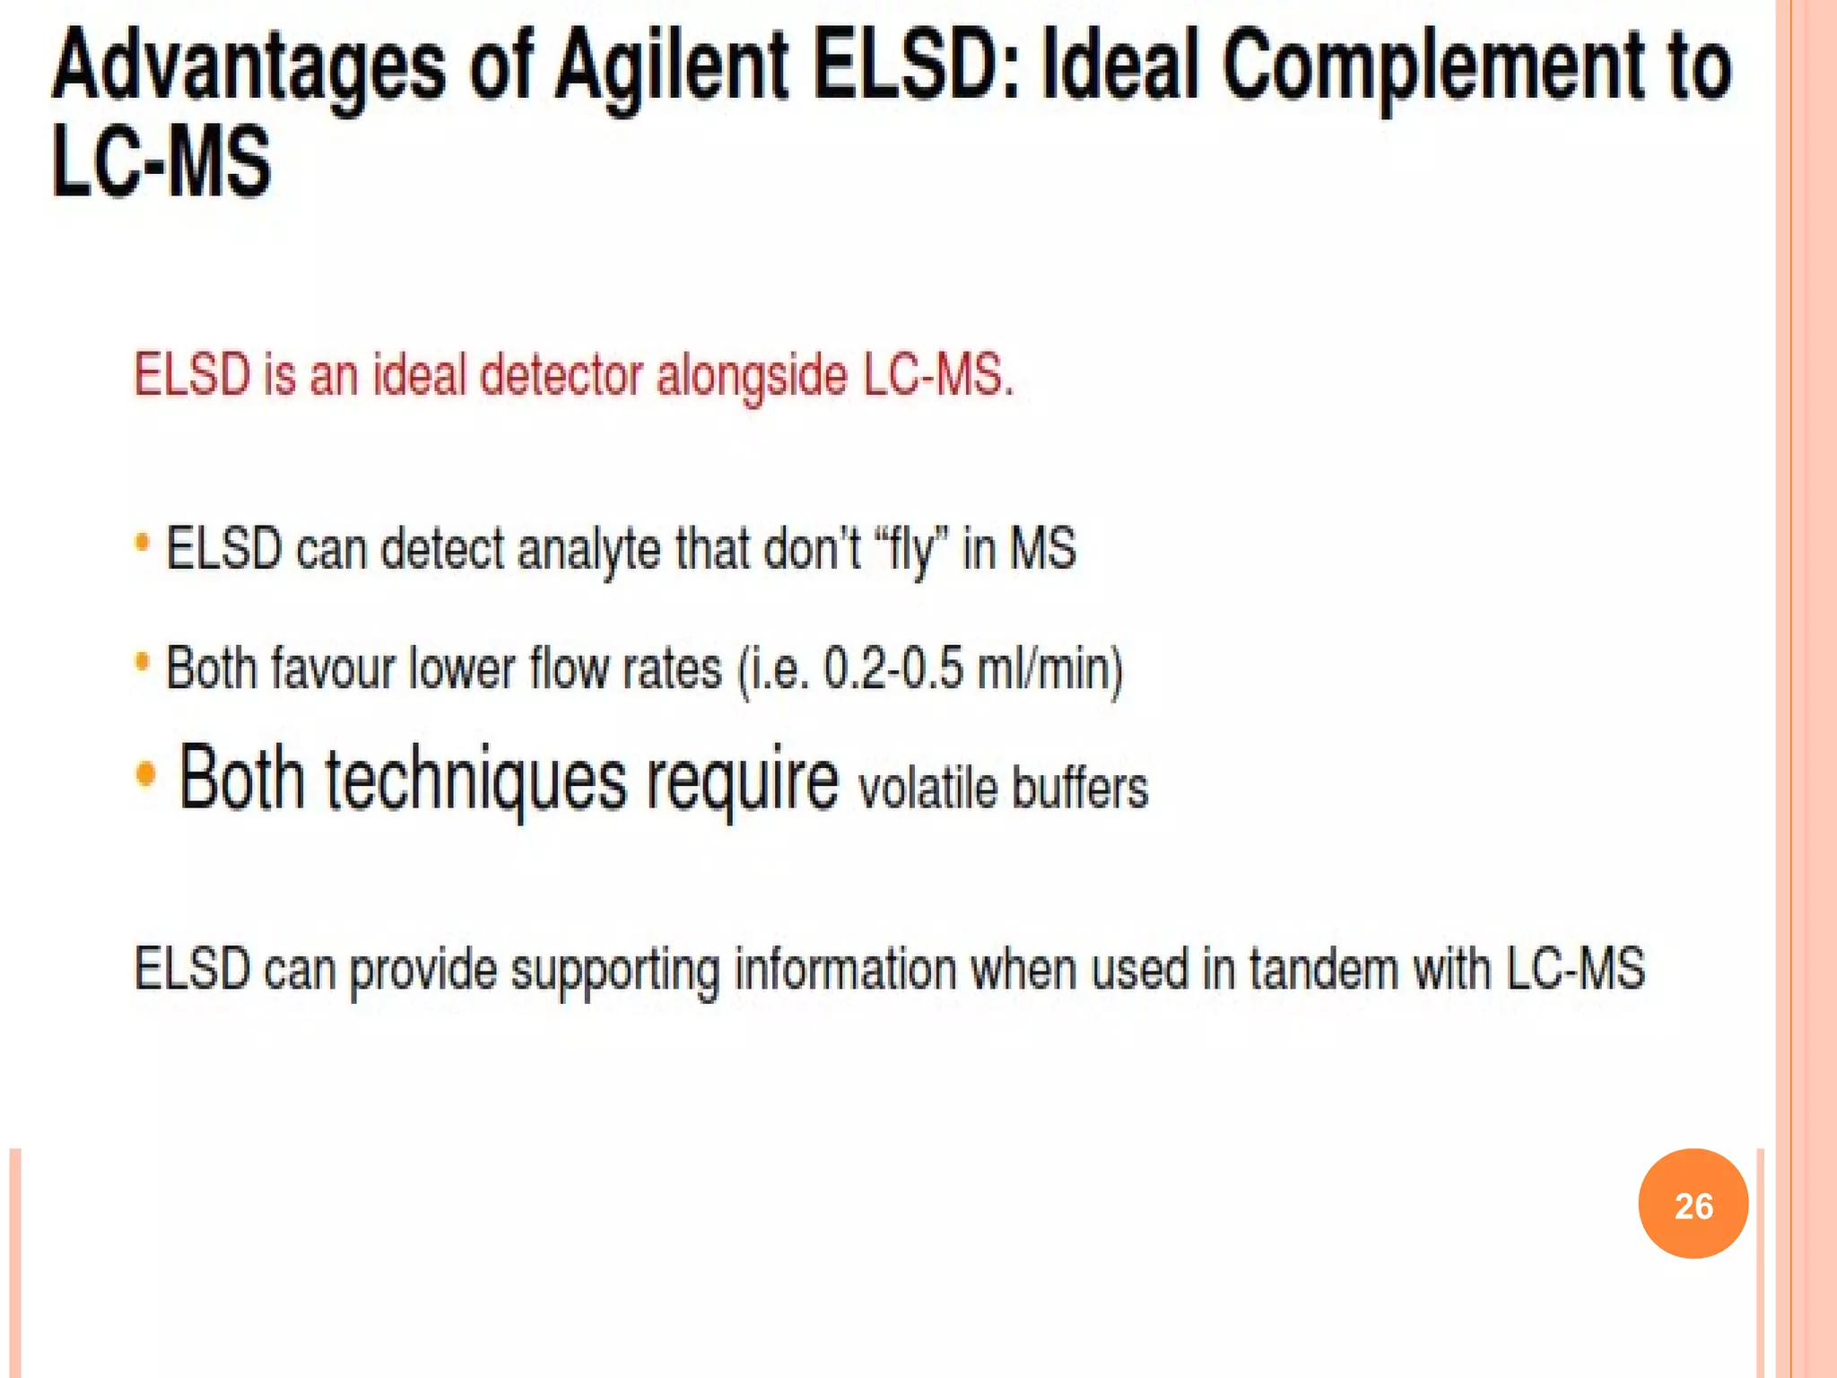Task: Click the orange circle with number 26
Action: pos(1693,1204)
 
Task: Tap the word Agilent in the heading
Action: pos(671,67)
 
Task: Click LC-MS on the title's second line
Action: pos(161,161)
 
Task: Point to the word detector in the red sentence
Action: pos(562,375)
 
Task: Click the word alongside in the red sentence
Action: pos(752,375)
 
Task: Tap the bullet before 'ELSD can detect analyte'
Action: pos(142,542)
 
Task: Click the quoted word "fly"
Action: pos(910,549)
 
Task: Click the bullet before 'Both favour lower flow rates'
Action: pos(142,662)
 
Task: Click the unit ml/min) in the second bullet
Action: pos(1049,669)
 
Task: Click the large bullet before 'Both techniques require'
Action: pos(146,772)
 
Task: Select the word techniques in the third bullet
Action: pos(475,779)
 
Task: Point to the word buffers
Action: pos(1080,788)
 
